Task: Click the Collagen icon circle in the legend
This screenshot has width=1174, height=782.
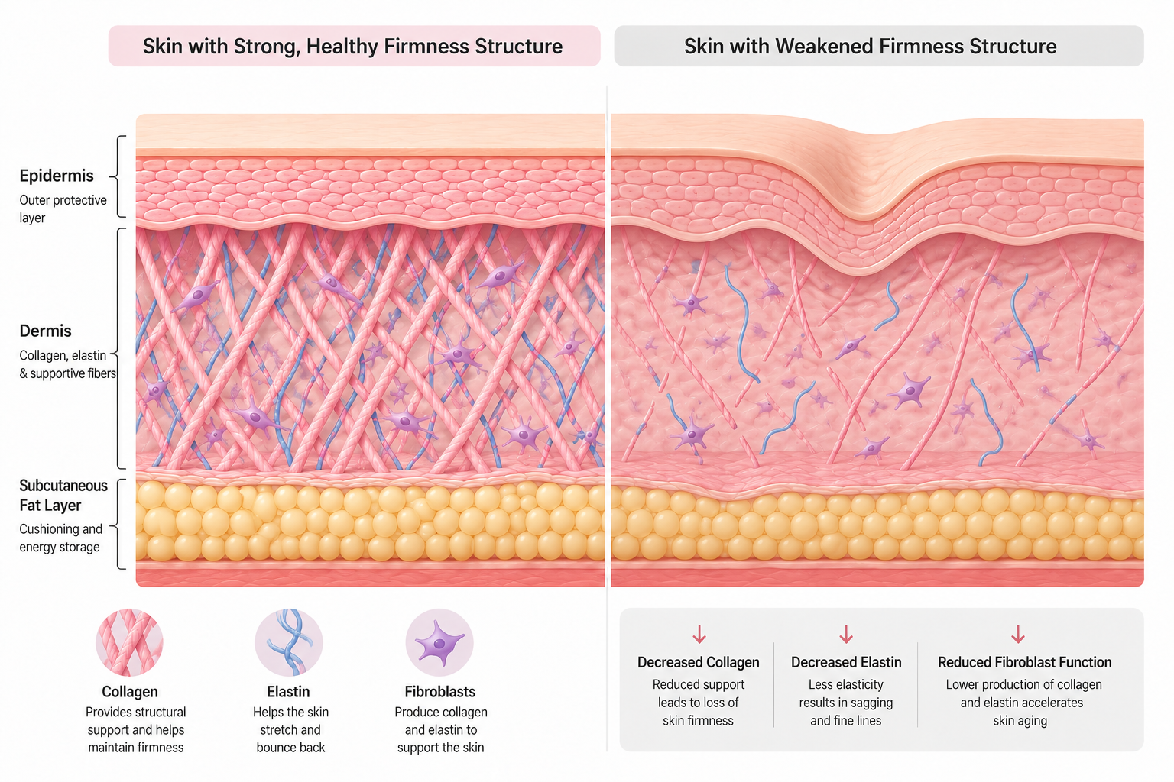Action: pos(129,642)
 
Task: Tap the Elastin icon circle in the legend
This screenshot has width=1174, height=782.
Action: pos(289,642)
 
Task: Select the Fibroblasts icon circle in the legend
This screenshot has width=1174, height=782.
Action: pos(439,642)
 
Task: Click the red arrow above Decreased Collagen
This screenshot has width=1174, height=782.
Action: pos(699,634)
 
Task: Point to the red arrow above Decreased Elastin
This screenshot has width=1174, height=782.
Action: pos(846,634)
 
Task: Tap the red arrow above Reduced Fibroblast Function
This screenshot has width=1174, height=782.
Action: pos(1018,634)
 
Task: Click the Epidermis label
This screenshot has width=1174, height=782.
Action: pos(57,176)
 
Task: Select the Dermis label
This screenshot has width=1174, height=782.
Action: pos(46,331)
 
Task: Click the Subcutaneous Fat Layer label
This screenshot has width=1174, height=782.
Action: pos(63,496)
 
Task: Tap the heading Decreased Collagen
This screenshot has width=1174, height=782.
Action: pos(698,663)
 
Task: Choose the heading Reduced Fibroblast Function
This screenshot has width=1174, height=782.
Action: pos(1025,663)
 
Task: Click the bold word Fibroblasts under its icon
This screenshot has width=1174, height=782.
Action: pos(440,692)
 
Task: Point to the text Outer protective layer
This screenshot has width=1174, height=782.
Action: pos(63,209)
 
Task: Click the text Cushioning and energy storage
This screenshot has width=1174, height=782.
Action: pos(61,538)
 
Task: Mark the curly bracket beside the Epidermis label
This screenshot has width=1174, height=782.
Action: pos(118,176)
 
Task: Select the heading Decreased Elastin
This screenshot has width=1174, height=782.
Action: pos(846,663)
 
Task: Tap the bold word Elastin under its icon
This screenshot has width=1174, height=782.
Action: pos(288,692)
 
